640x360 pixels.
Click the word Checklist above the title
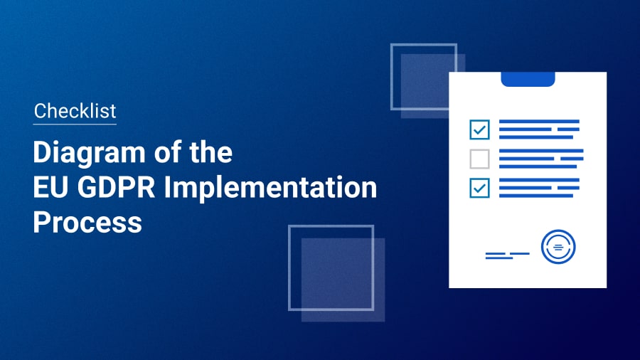point(75,110)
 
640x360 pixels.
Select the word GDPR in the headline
point(117,187)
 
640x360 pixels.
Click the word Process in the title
point(87,223)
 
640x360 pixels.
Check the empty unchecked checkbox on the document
point(479,159)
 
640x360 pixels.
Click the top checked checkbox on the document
point(479,129)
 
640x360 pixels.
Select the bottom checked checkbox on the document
point(479,188)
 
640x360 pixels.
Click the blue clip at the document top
point(528,79)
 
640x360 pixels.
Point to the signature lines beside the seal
point(507,255)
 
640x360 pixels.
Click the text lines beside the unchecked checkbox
point(541,159)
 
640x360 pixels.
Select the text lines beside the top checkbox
point(539,129)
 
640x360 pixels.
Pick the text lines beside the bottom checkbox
point(539,188)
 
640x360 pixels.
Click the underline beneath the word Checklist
point(75,124)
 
